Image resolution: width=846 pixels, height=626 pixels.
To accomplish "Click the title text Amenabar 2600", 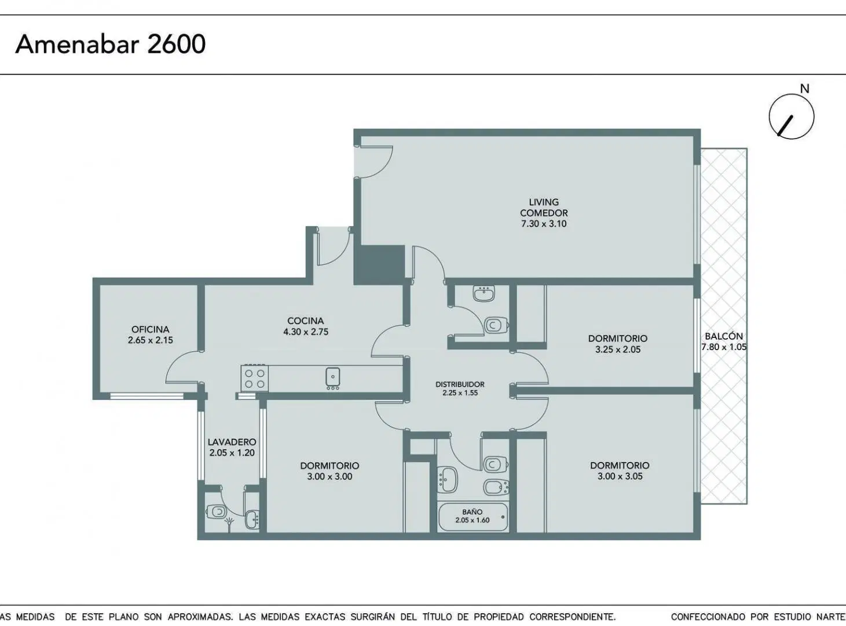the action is pos(110,44).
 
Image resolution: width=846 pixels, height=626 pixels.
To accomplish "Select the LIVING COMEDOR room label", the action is pos(544,208).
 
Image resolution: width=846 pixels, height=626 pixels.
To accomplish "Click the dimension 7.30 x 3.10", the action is pos(544,224).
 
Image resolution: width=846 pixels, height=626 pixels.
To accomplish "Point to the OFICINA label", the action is pos(151,329).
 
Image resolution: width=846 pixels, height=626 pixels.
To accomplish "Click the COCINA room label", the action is pos(306,321).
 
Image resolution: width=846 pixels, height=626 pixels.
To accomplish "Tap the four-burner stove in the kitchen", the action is pos(254,378).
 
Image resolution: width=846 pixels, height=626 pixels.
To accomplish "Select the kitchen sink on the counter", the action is pos(332,378).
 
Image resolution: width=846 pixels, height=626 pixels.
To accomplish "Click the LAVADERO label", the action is pos(232,442).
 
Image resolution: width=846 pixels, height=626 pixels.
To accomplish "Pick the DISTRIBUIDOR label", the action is pos(460,384).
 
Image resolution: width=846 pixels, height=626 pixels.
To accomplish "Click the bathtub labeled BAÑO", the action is pos(473,517).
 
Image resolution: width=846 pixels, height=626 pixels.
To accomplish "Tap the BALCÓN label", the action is pos(724,336).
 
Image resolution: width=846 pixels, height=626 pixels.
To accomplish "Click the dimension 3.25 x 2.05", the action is pos(618,350).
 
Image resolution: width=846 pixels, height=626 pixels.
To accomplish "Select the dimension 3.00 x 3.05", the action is pos(620,476).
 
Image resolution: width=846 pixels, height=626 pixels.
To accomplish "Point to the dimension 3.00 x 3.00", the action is pos(329,476).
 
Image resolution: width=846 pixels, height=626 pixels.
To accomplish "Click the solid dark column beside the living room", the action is pos(379,265).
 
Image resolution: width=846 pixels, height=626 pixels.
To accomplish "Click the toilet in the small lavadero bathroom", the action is pos(215,511).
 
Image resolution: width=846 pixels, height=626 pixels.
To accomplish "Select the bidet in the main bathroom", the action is pos(496,487).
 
